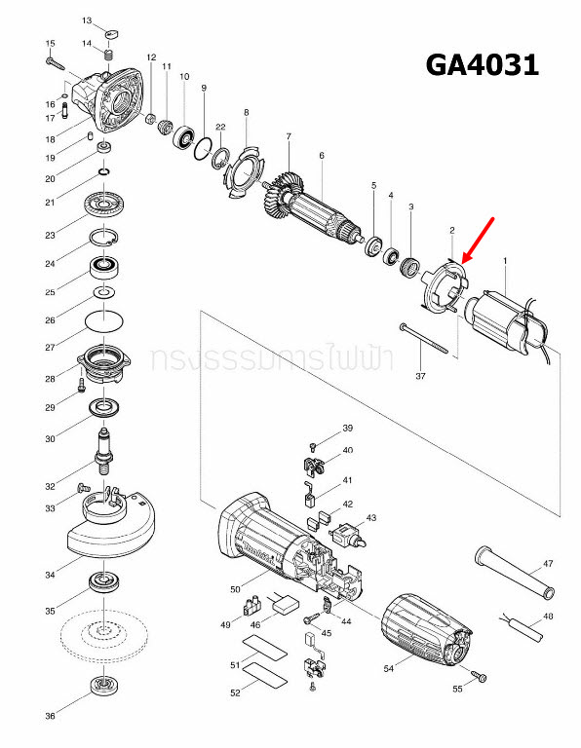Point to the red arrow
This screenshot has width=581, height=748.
[480, 241]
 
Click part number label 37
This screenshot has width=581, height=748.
[420, 375]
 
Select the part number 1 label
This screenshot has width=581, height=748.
[505, 260]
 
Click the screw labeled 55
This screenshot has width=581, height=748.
[479, 676]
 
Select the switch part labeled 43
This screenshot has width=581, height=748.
[347, 534]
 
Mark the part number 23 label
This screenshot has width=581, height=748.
[50, 235]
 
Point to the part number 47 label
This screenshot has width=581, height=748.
[548, 564]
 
